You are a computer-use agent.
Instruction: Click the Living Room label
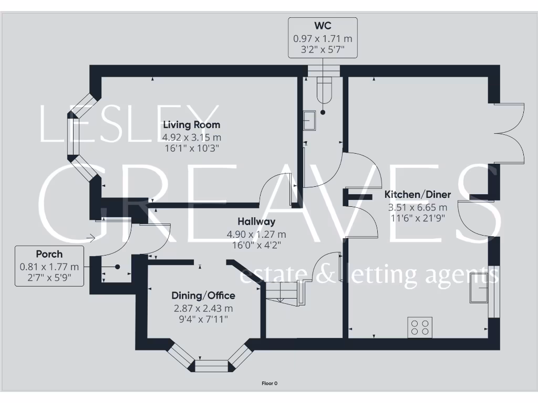coord(191,125)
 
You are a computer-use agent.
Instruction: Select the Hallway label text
coord(256,222)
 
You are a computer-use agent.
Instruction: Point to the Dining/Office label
coord(204,295)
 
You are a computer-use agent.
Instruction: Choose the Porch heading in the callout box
coord(49,254)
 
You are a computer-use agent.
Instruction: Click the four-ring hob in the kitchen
coord(419,327)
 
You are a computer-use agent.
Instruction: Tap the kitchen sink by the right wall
coord(479,288)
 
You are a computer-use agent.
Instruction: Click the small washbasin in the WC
coord(309,120)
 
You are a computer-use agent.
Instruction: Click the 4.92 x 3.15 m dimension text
coord(191,137)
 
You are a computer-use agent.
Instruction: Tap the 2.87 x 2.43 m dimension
coord(204,308)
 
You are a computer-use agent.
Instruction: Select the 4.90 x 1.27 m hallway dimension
coord(256,235)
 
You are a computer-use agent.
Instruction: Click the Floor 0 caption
coord(269,384)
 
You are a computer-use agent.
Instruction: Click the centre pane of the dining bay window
coord(212,366)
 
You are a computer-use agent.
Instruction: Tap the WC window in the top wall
coord(324,70)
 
